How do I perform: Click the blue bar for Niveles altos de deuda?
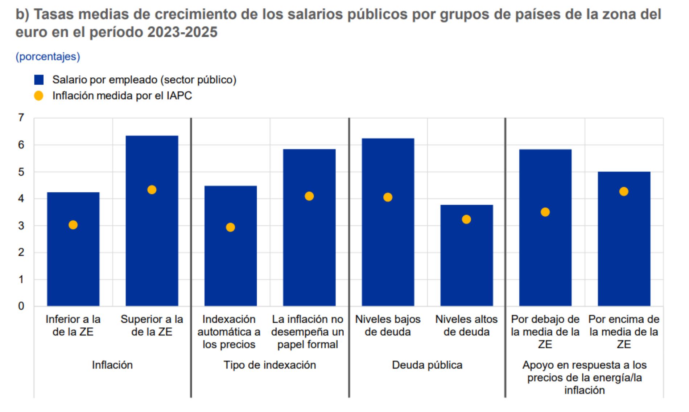point(466,261)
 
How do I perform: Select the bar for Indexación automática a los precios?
point(230,261)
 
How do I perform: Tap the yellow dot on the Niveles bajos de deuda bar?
point(388,197)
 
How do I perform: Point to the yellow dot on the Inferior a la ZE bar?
point(73,225)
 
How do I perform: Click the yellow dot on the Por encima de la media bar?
point(624,192)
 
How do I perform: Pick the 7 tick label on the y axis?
point(21,118)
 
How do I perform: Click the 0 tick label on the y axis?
point(21,306)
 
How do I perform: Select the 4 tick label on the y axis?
point(21,199)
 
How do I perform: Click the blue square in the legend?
point(39,80)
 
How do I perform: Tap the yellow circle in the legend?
point(39,96)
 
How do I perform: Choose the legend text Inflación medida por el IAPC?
point(122,96)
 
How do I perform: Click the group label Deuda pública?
point(427,365)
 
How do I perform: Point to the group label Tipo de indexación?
point(269,365)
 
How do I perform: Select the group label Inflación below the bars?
point(112,365)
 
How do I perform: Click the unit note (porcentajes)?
point(48,57)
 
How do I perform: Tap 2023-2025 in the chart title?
point(182,32)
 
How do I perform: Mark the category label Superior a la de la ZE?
point(152,325)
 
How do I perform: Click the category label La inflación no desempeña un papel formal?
point(308,331)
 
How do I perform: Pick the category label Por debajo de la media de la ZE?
point(545,331)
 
